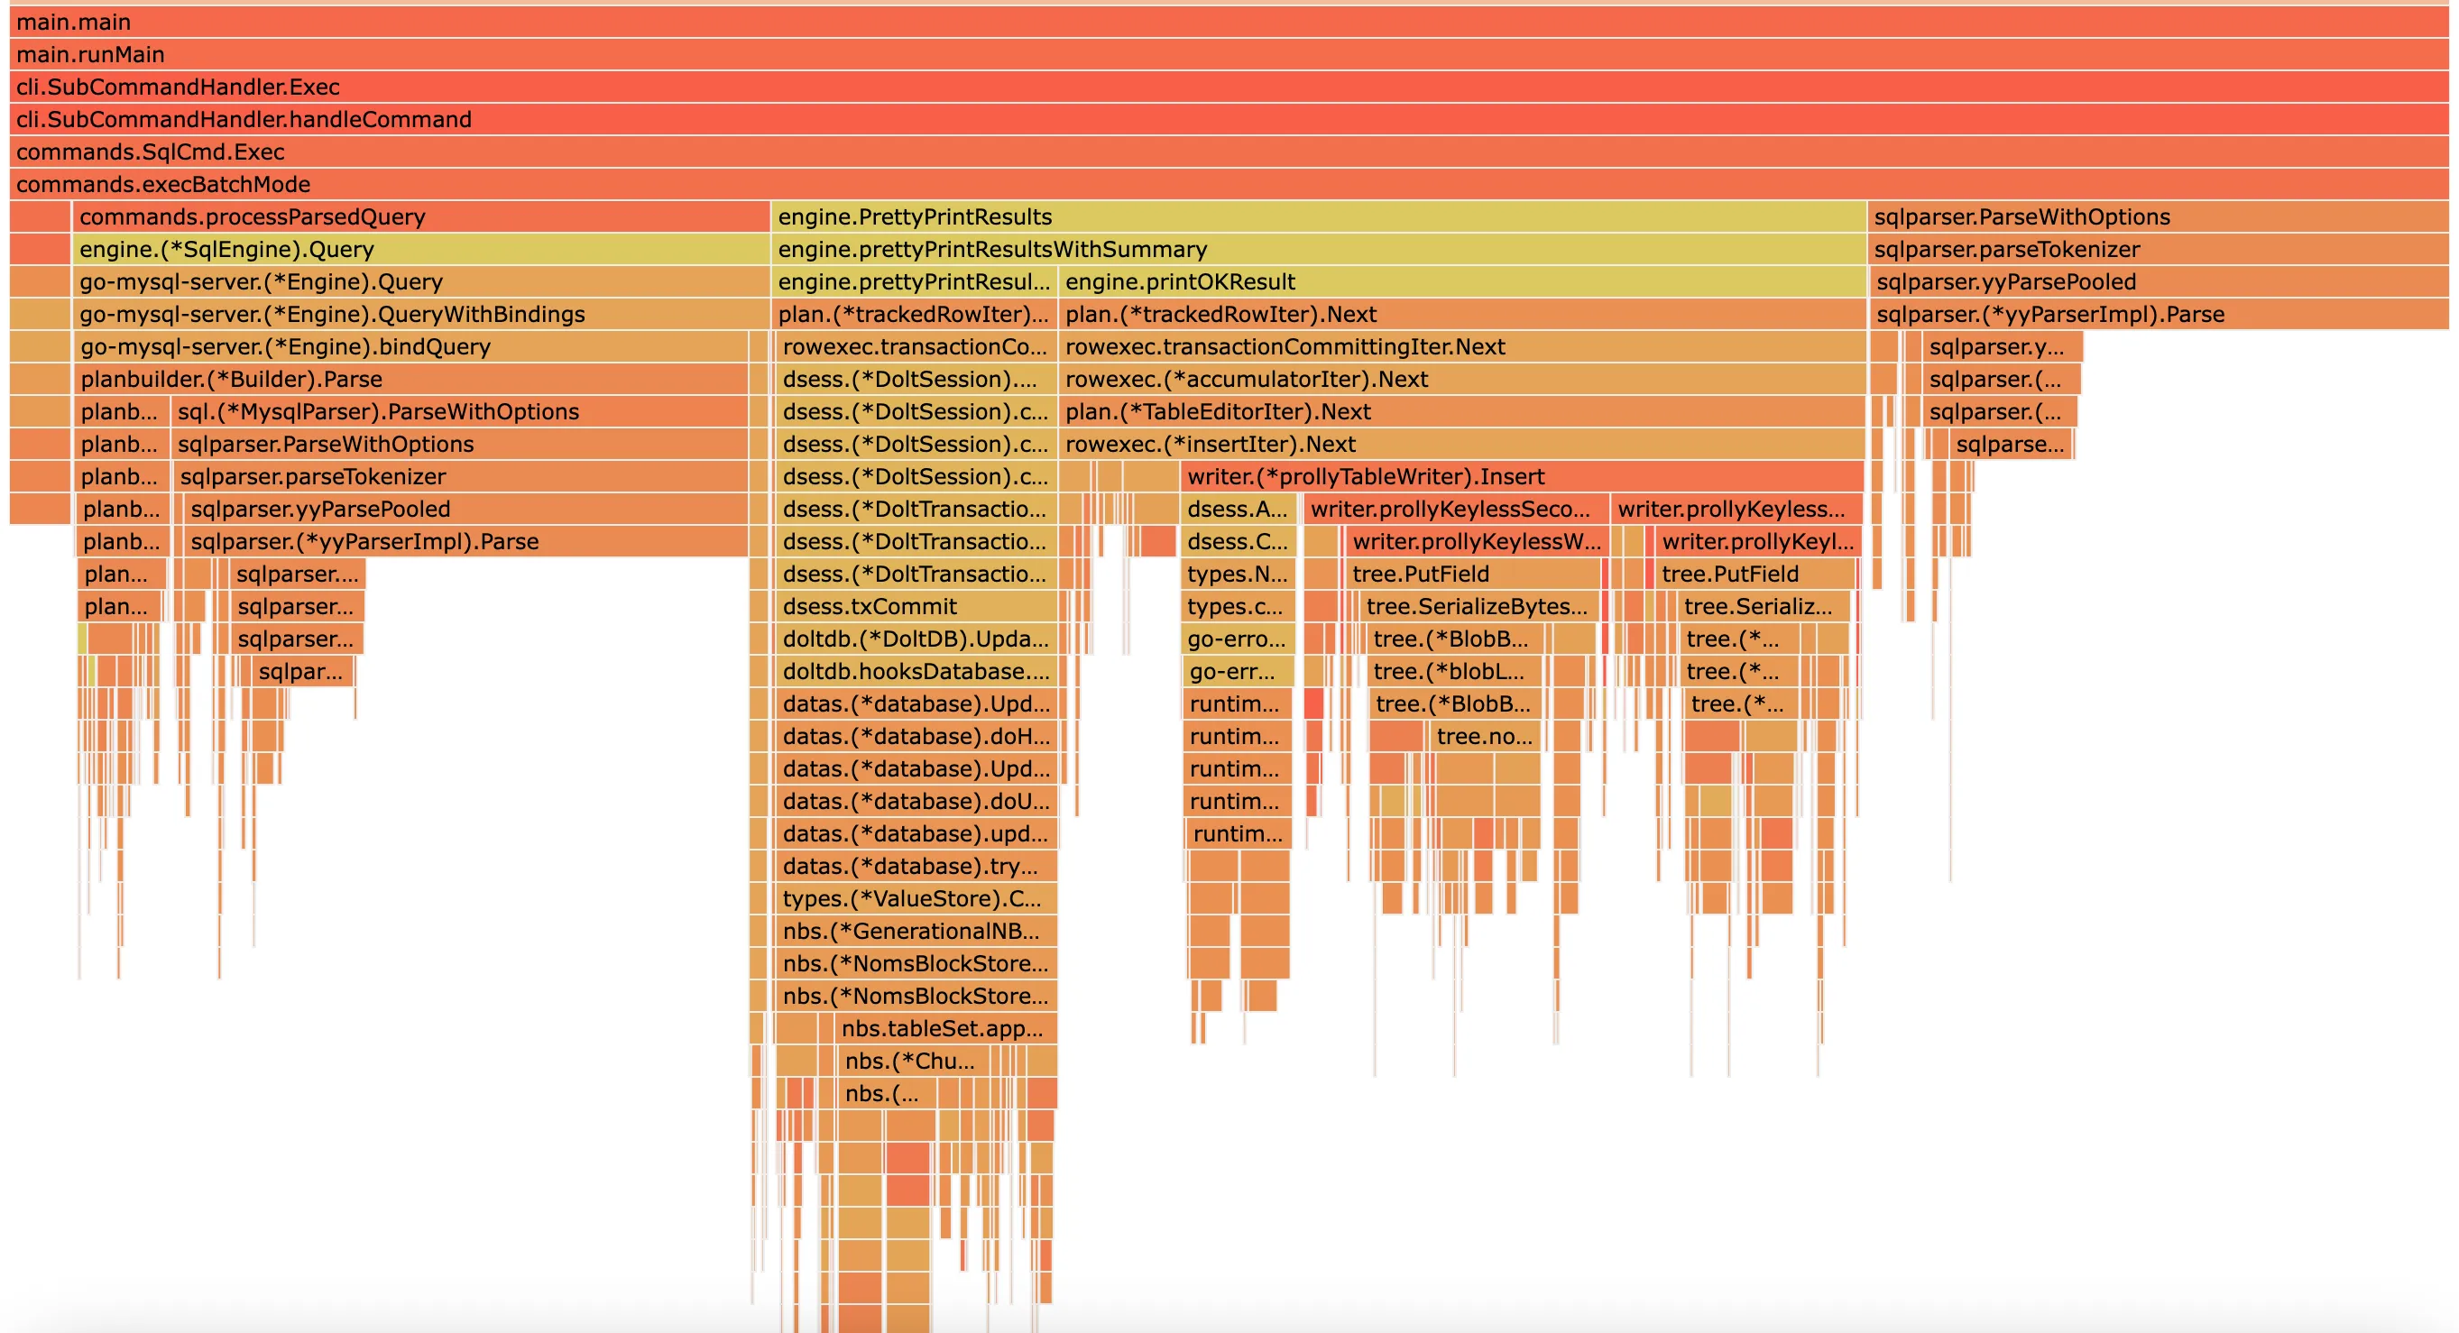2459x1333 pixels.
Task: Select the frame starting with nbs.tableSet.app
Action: coord(945,1027)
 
